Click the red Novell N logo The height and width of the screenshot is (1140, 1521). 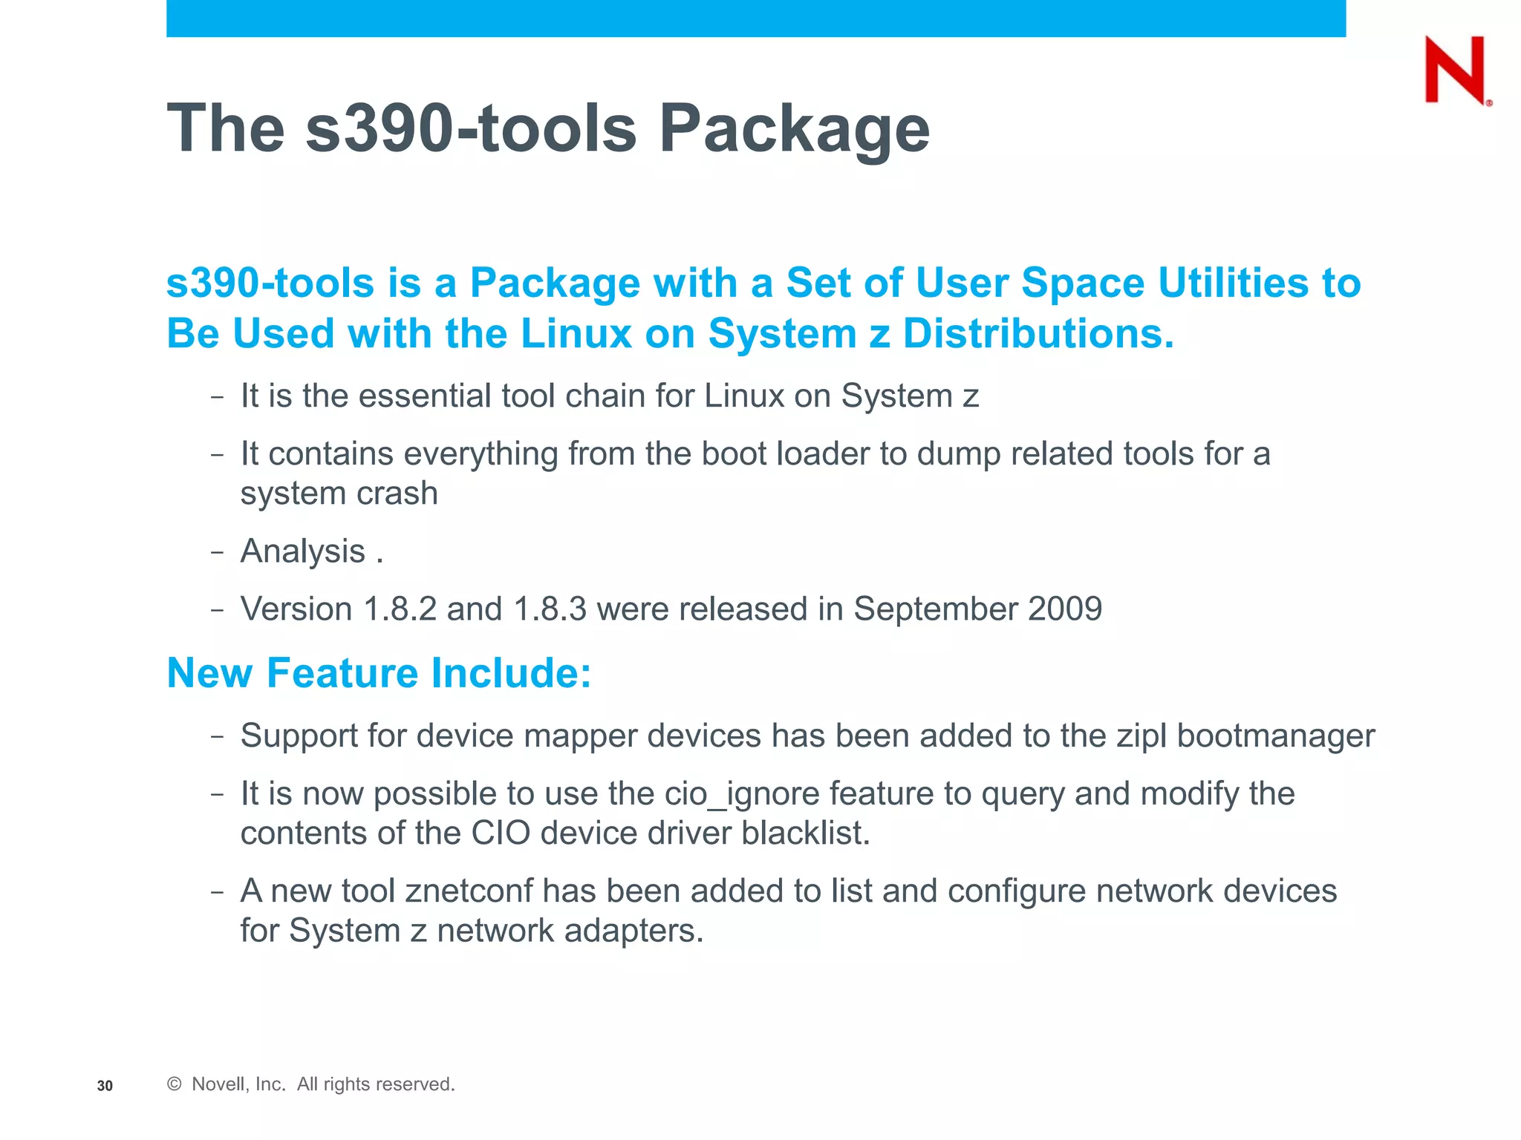tap(1456, 71)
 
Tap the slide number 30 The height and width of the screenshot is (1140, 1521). tap(105, 1086)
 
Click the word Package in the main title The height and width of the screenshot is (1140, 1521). tap(794, 128)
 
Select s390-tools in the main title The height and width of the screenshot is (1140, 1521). tap(471, 128)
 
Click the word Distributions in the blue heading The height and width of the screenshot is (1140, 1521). tap(1038, 333)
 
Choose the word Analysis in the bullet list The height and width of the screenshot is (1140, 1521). tap(303, 551)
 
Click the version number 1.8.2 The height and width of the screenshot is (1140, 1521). tap(400, 609)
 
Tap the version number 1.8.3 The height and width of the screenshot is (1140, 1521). tap(550, 609)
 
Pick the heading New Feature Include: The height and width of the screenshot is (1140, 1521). tap(379, 673)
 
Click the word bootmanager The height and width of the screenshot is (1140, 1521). tap(1276, 736)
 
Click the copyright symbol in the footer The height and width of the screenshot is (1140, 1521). tap(175, 1084)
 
